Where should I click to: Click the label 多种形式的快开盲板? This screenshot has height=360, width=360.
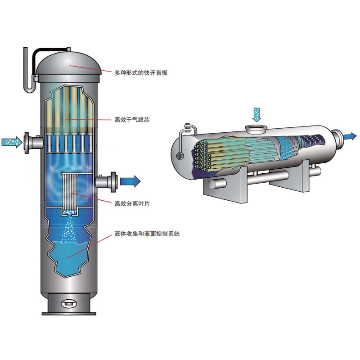click(141, 73)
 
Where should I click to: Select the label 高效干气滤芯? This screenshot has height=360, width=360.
click(132, 120)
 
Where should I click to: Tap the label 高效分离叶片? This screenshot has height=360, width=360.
click(132, 203)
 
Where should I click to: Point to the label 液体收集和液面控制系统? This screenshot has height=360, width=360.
click(147, 234)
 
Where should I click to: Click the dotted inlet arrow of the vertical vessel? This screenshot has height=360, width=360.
click(12, 142)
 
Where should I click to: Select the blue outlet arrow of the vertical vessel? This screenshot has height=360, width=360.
click(130, 181)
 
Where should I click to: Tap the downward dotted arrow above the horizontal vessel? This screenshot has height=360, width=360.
click(256, 115)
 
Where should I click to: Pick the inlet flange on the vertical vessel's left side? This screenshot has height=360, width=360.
click(27, 143)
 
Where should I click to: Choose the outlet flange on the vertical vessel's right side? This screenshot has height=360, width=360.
click(114, 182)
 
